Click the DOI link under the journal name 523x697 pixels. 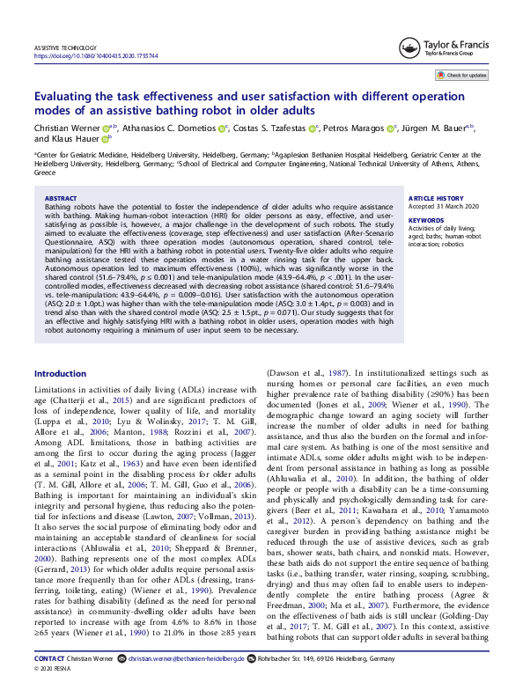pos(97,55)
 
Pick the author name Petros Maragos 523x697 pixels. pos(353,127)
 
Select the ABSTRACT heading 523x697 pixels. pos(60,200)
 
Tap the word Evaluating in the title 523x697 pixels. pos(68,98)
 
